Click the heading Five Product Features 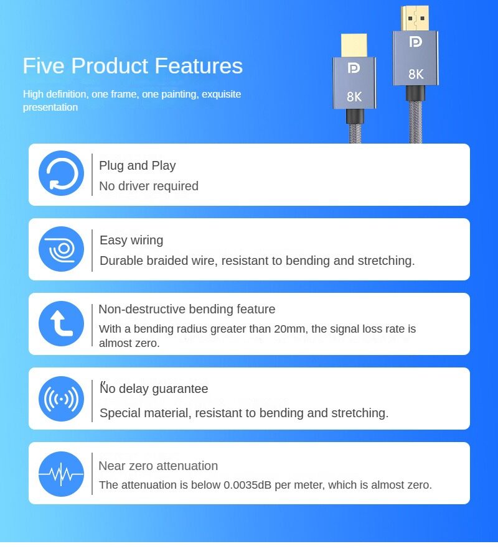click(133, 66)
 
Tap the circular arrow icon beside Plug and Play click(62, 173)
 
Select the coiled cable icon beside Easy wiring click(62, 249)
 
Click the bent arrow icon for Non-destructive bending click(62, 323)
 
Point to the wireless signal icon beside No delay click(62, 399)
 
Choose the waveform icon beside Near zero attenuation click(62, 474)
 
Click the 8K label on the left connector click(354, 97)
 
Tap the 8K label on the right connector click(416, 74)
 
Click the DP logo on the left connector click(354, 68)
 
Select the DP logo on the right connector click(415, 42)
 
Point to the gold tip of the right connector click(415, 18)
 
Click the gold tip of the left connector click(354, 45)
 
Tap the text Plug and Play click(138, 165)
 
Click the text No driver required click(149, 186)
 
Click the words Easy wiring click(131, 241)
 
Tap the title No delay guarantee click(154, 389)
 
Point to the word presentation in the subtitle click(50, 108)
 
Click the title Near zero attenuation click(158, 466)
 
